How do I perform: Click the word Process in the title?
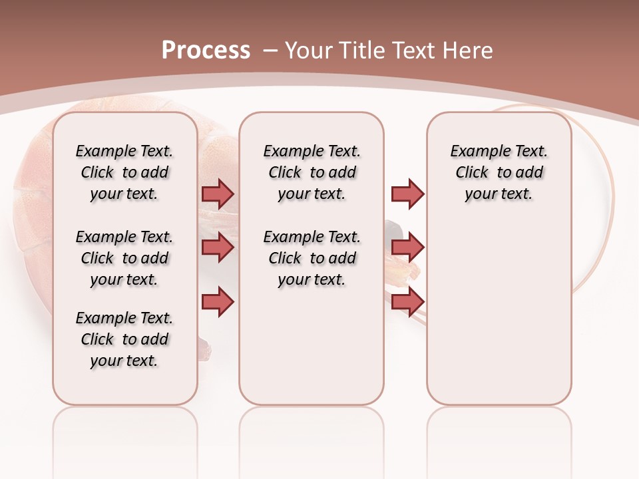tap(206, 51)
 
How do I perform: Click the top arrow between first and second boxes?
tap(218, 194)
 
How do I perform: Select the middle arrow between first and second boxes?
tap(218, 247)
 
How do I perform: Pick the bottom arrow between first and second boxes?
tap(218, 301)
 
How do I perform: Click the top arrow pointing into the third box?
tap(407, 194)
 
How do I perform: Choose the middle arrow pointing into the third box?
tap(407, 247)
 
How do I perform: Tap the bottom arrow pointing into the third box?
tap(407, 301)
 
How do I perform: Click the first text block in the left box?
tap(124, 172)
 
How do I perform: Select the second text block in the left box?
tap(124, 258)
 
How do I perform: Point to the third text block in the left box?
tap(124, 339)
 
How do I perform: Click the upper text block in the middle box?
tap(312, 172)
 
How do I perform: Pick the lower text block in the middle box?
tap(312, 258)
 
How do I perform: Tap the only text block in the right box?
tap(499, 172)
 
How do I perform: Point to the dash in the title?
tap(270, 51)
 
